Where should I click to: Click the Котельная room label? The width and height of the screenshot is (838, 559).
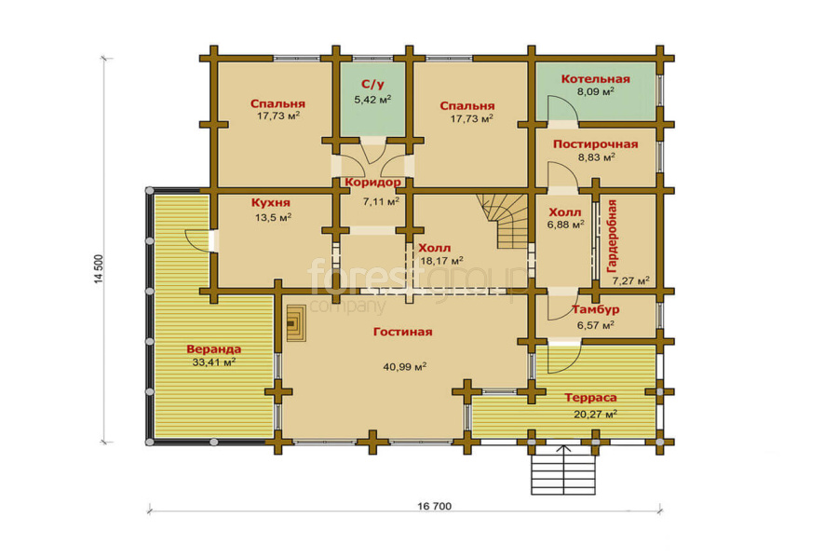coord(595,79)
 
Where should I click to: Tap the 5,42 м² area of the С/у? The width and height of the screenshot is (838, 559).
coord(372,100)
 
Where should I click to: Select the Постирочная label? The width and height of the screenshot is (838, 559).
coord(595,144)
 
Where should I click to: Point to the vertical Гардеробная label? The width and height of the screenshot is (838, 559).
coord(613,237)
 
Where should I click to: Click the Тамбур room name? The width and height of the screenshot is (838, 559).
coord(595,309)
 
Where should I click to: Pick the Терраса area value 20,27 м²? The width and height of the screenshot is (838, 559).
coord(595,414)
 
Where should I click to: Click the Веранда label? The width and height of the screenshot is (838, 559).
coord(214,349)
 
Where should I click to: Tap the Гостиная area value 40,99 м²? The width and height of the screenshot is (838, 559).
coord(405,367)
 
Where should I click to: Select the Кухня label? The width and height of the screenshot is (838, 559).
coord(270,203)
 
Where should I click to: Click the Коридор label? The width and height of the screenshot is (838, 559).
coord(372,183)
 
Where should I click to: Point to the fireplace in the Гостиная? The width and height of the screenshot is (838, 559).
coord(295,323)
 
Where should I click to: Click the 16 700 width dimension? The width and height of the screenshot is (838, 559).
coord(434,506)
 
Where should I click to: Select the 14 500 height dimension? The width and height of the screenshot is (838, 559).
coord(99,268)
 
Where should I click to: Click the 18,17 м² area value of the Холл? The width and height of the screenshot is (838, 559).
coord(441,261)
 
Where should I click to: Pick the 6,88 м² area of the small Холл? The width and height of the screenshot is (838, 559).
coord(565,225)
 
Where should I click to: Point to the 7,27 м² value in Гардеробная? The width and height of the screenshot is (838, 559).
coord(630,280)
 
